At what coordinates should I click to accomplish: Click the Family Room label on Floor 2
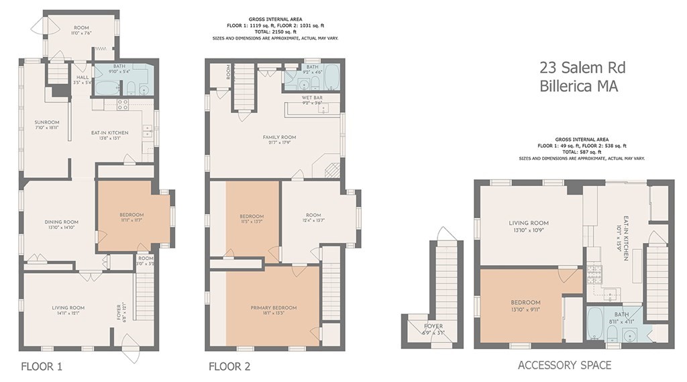279,137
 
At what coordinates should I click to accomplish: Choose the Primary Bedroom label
273,307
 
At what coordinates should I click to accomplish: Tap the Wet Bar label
313,98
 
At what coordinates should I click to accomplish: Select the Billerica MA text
578,86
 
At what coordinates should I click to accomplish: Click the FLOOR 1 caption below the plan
42,367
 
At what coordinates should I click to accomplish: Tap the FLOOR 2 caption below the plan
229,367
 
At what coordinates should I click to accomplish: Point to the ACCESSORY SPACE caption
564,365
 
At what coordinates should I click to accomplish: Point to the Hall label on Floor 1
83,78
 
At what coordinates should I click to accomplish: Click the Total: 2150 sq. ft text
275,32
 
